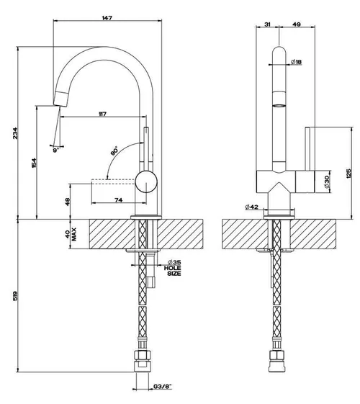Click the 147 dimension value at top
107,18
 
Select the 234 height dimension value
16,133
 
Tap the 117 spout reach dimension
102,114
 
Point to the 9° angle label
56,150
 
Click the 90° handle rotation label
114,151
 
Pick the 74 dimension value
119,199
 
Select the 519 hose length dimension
15,296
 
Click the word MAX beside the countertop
74,234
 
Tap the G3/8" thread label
163,387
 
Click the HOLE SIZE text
173,271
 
